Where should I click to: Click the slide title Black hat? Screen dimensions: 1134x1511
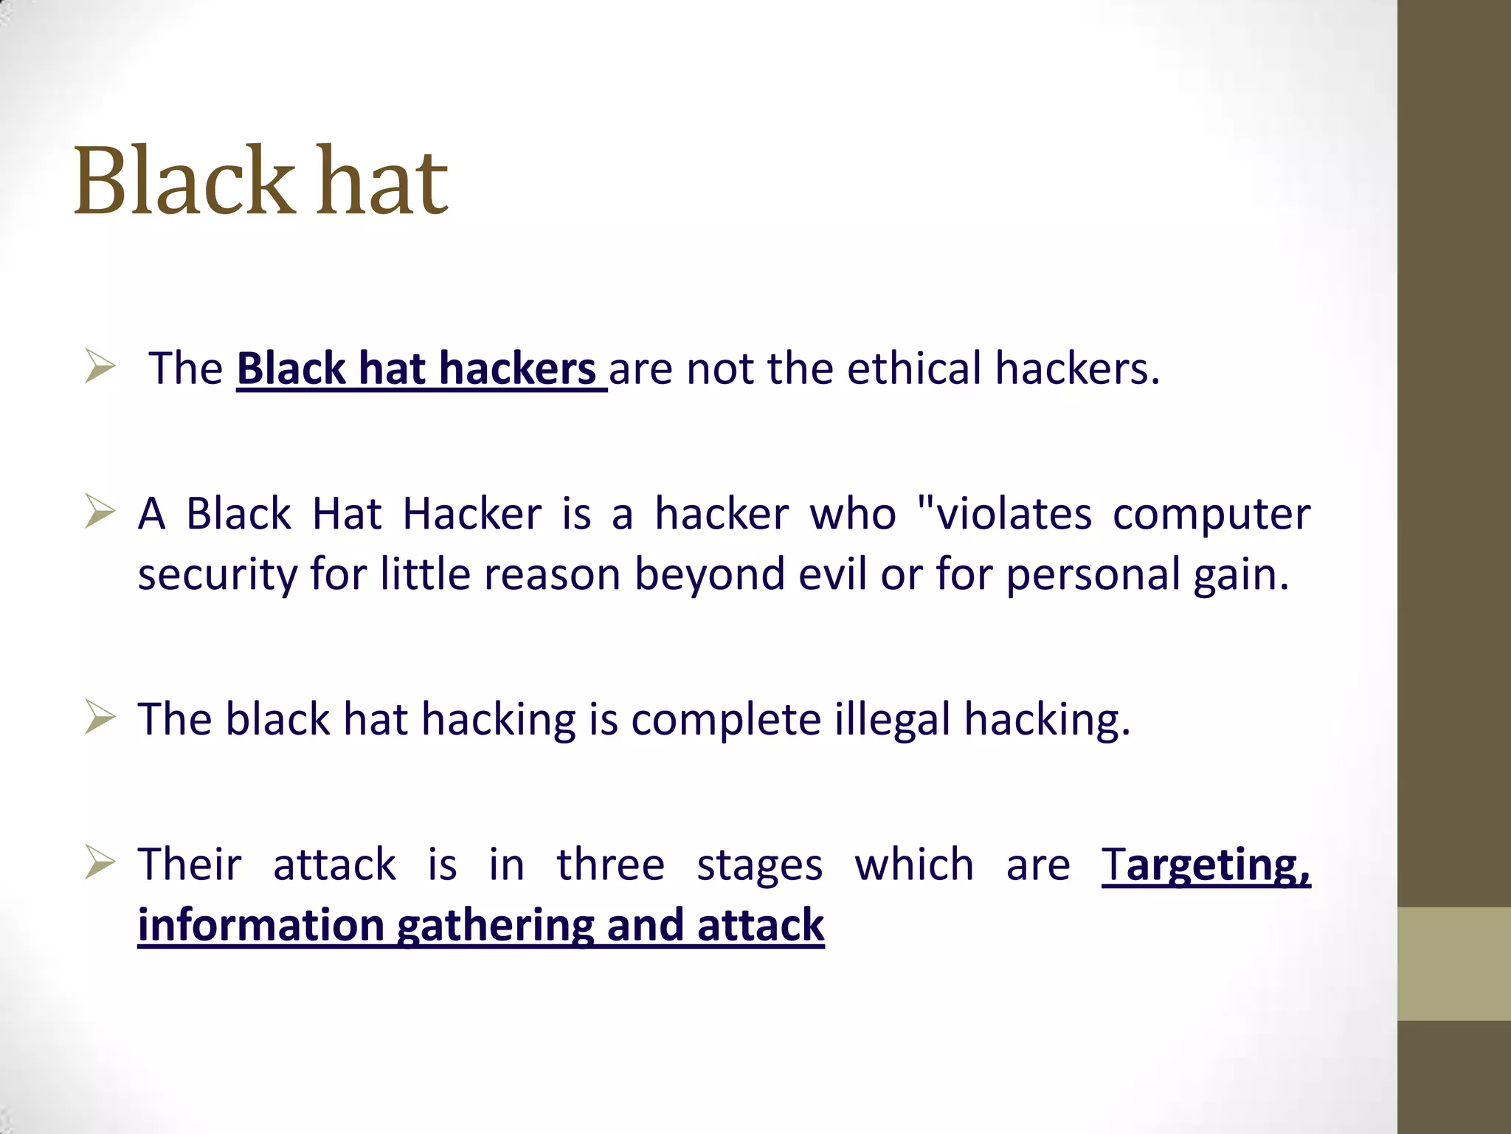pos(260,182)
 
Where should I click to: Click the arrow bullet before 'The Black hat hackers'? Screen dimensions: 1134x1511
pos(100,367)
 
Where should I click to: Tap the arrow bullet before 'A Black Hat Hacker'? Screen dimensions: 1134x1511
pos(100,512)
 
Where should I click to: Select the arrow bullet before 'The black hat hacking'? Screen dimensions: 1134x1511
pos(100,717)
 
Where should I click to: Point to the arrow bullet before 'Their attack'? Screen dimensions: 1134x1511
pos(100,862)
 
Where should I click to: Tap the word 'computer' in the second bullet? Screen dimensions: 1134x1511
pos(1211,515)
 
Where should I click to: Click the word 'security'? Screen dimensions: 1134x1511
pos(217,575)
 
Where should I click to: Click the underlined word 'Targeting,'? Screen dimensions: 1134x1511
pos(1206,865)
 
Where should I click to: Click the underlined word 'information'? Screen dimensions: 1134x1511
pos(261,924)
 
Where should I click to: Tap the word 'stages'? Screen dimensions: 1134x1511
pos(759,866)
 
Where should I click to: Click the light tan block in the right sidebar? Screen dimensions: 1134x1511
pos(1454,963)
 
